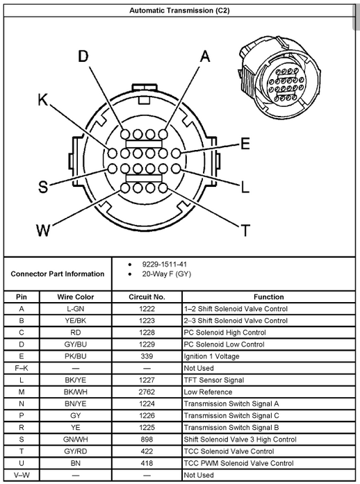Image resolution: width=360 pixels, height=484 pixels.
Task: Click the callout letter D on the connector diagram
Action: [x=83, y=56]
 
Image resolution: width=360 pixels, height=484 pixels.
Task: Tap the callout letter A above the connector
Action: [x=205, y=56]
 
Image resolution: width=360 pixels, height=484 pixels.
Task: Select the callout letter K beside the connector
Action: [x=43, y=100]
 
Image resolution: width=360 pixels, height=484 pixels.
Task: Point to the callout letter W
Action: [x=43, y=231]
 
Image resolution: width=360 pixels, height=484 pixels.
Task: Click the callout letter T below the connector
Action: [x=245, y=231]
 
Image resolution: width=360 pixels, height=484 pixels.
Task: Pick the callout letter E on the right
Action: [x=245, y=144]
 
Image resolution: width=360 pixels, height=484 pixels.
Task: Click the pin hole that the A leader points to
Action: [x=163, y=134]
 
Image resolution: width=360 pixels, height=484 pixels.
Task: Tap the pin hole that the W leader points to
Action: [x=125, y=188]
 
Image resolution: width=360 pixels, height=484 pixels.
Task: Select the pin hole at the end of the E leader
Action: [x=176, y=153]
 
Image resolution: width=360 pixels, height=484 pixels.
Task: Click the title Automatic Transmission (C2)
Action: [x=179, y=10]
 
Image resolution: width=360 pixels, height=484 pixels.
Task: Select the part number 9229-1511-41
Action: [x=165, y=265]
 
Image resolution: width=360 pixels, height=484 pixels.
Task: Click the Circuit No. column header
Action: [x=147, y=297]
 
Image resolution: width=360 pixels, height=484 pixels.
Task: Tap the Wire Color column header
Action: [x=75, y=297]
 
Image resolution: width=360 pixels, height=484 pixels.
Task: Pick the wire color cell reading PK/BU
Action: [x=75, y=356]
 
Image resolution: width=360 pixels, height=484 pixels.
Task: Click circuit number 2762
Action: [x=147, y=392]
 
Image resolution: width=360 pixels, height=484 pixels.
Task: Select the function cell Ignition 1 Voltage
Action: [x=212, y=356]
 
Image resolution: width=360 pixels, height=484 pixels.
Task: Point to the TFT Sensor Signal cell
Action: [x=214, y=380]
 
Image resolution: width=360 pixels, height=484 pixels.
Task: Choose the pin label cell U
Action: [x=22, y=463]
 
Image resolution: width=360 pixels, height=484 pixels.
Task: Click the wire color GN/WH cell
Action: [x=75, y=440]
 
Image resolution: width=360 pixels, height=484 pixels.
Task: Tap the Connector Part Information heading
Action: [x=58, y=274]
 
